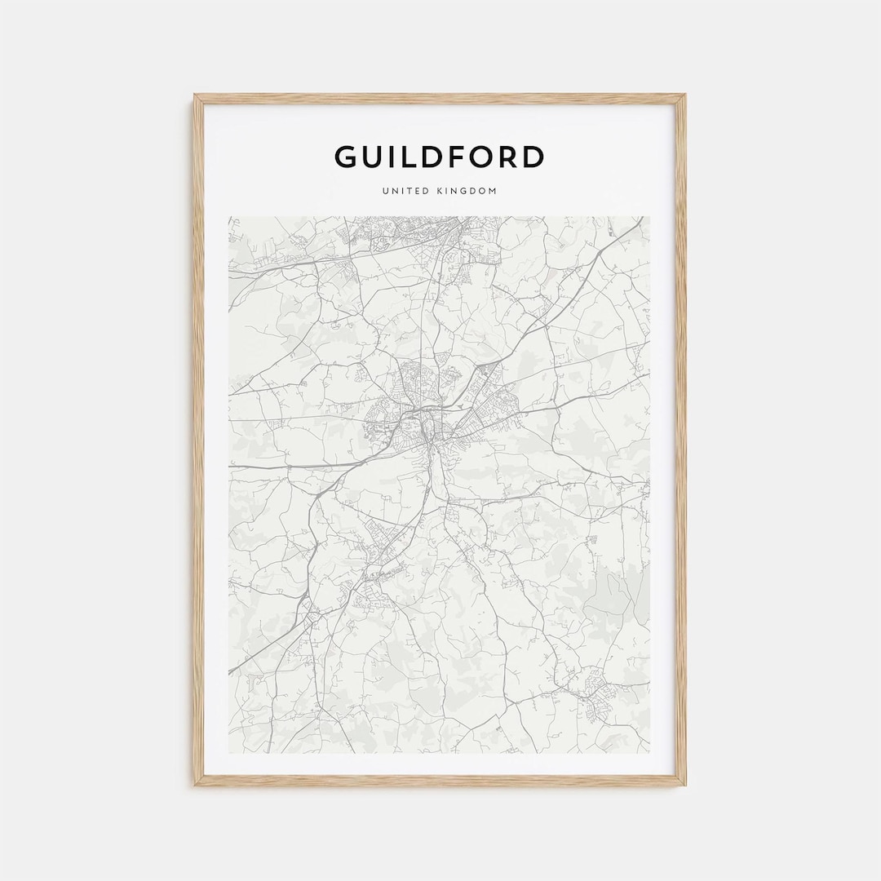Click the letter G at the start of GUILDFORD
[346, 157]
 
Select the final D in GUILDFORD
[533, 157]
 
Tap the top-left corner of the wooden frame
[195, 95]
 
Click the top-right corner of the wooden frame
[685, 95]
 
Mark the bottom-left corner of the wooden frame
[195, 785]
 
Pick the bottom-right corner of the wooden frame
[685, 785]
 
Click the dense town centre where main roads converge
[430, 428]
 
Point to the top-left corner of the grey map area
[229, 217]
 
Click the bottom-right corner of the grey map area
[650, 752]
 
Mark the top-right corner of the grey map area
[650, 217]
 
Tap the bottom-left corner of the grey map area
[229, 752]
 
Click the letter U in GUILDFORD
[375, 157]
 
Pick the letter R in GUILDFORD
[510, 157]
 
